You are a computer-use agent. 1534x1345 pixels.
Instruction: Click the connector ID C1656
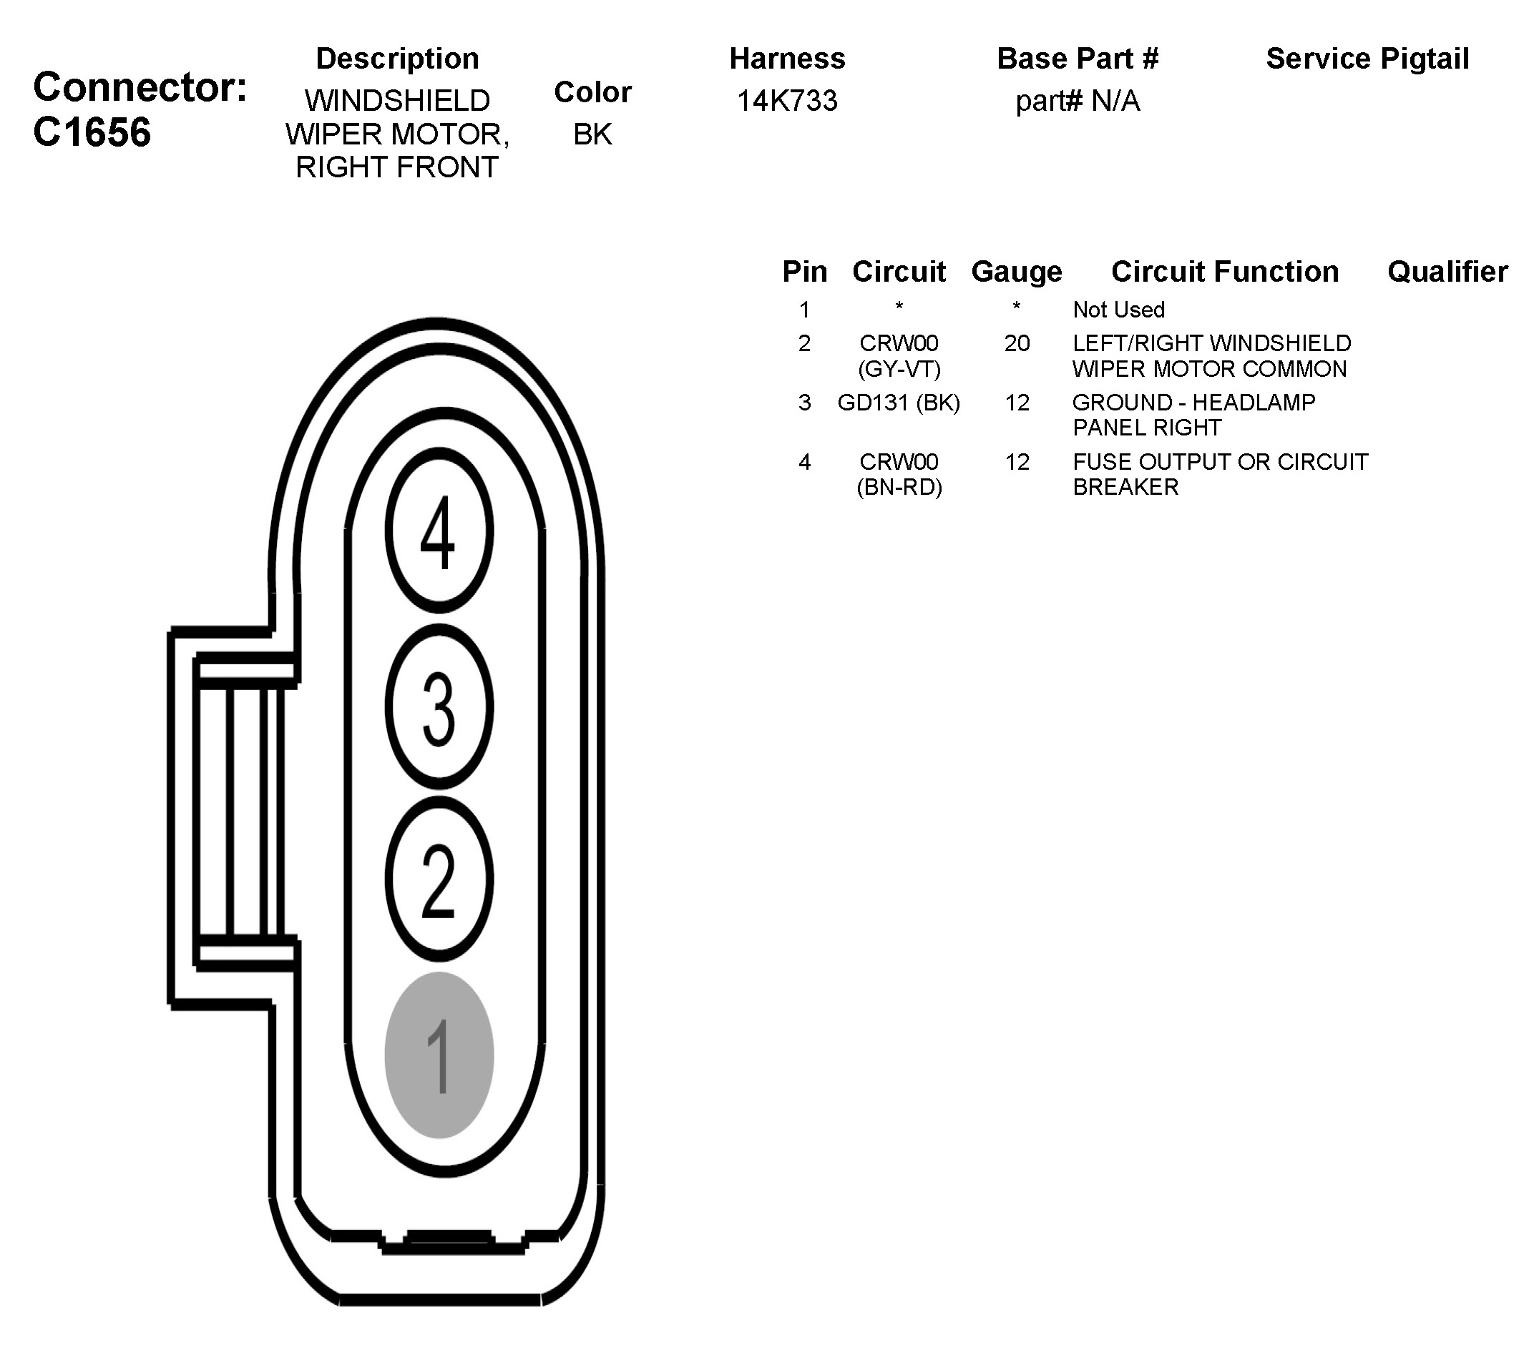(92, 133)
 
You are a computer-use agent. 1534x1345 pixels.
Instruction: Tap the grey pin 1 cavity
(439, 1055)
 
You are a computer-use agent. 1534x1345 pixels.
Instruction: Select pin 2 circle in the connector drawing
(439, 880)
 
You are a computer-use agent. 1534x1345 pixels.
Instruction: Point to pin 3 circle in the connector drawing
(439, 706)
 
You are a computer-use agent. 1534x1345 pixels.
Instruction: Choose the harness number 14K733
(786, 101)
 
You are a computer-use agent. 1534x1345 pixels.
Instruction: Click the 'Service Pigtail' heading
(1367, 59)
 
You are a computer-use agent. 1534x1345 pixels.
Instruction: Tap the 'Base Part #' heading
(1077, 59)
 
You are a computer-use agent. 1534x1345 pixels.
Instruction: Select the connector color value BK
(592, 134)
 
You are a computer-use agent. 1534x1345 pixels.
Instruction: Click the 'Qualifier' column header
(1447, 272)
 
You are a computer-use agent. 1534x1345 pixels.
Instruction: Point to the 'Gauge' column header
(1016, 272)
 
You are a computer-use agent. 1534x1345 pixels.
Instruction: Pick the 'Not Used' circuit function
(1118, 309)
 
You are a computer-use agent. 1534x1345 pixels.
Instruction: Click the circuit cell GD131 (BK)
(899, 403)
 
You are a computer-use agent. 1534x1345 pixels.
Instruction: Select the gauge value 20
(1016, 343)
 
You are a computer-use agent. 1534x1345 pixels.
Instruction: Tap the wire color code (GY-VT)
(899, 369)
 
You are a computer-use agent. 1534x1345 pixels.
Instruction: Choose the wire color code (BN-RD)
(899, 488)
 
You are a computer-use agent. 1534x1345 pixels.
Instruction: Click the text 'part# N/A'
(1077, 101)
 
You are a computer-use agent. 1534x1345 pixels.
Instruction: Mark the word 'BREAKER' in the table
(1125, 488)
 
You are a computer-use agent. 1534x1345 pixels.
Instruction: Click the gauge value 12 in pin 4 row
(1016, 462)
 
